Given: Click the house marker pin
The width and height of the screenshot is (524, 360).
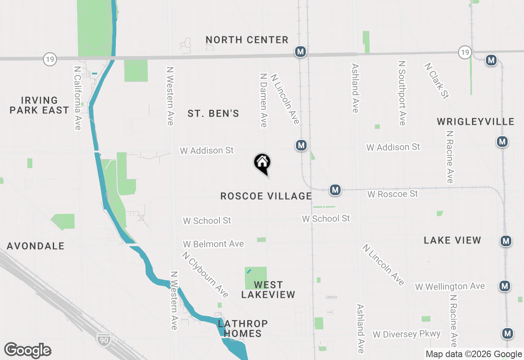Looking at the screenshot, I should pyautogui.click(x=262, y=162).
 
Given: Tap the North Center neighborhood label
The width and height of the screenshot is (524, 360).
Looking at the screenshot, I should pyautogui.click(x=247, y=40).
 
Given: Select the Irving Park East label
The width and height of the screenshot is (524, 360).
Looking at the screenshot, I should pyautogui.click(x=39, y=105).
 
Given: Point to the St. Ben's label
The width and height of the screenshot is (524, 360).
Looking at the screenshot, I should pyautogui.click(x=213, y=113).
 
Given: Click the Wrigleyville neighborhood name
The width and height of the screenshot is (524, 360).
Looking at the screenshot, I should pyautogui.click(x=475, y=122).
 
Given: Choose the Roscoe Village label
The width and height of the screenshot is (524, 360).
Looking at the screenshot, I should pyautogui.click(x=266, y=196).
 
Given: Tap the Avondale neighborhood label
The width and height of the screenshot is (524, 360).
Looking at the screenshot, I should pyautogui.click(x=36, y=246).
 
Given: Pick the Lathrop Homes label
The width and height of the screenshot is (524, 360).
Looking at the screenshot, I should pyautogui.click(x=243, y=328).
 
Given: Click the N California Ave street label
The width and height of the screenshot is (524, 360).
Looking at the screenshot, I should pyautogui.click(x=77, y=98).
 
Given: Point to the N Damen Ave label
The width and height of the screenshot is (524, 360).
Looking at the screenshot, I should pyautogui.click(x=264, y=100).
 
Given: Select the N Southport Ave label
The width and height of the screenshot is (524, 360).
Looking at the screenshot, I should pyautogui.click(x=402, y=93).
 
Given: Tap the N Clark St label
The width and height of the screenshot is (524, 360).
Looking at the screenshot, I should pyautogui.click(x=436, y=81).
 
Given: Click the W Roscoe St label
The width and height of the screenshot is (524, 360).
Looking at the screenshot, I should pyautogui.click(x=393, y=193).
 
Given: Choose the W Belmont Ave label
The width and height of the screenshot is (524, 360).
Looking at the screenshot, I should pyautogui.click(x=213, y=244).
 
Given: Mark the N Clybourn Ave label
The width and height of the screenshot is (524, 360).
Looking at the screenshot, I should pyautogui.click(x=206, y=274).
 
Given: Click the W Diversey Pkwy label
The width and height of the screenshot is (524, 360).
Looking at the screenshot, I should pyautogui.click(x=407, y=334).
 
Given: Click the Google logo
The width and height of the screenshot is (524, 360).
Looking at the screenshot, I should pyautogui.click(x=28, y=351).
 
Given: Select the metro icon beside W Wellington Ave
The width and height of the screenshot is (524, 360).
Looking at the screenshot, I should pyautogui.click(x=505, y=286).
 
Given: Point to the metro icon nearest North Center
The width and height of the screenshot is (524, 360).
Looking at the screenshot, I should pyautogui.click(x=301, y=52).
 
